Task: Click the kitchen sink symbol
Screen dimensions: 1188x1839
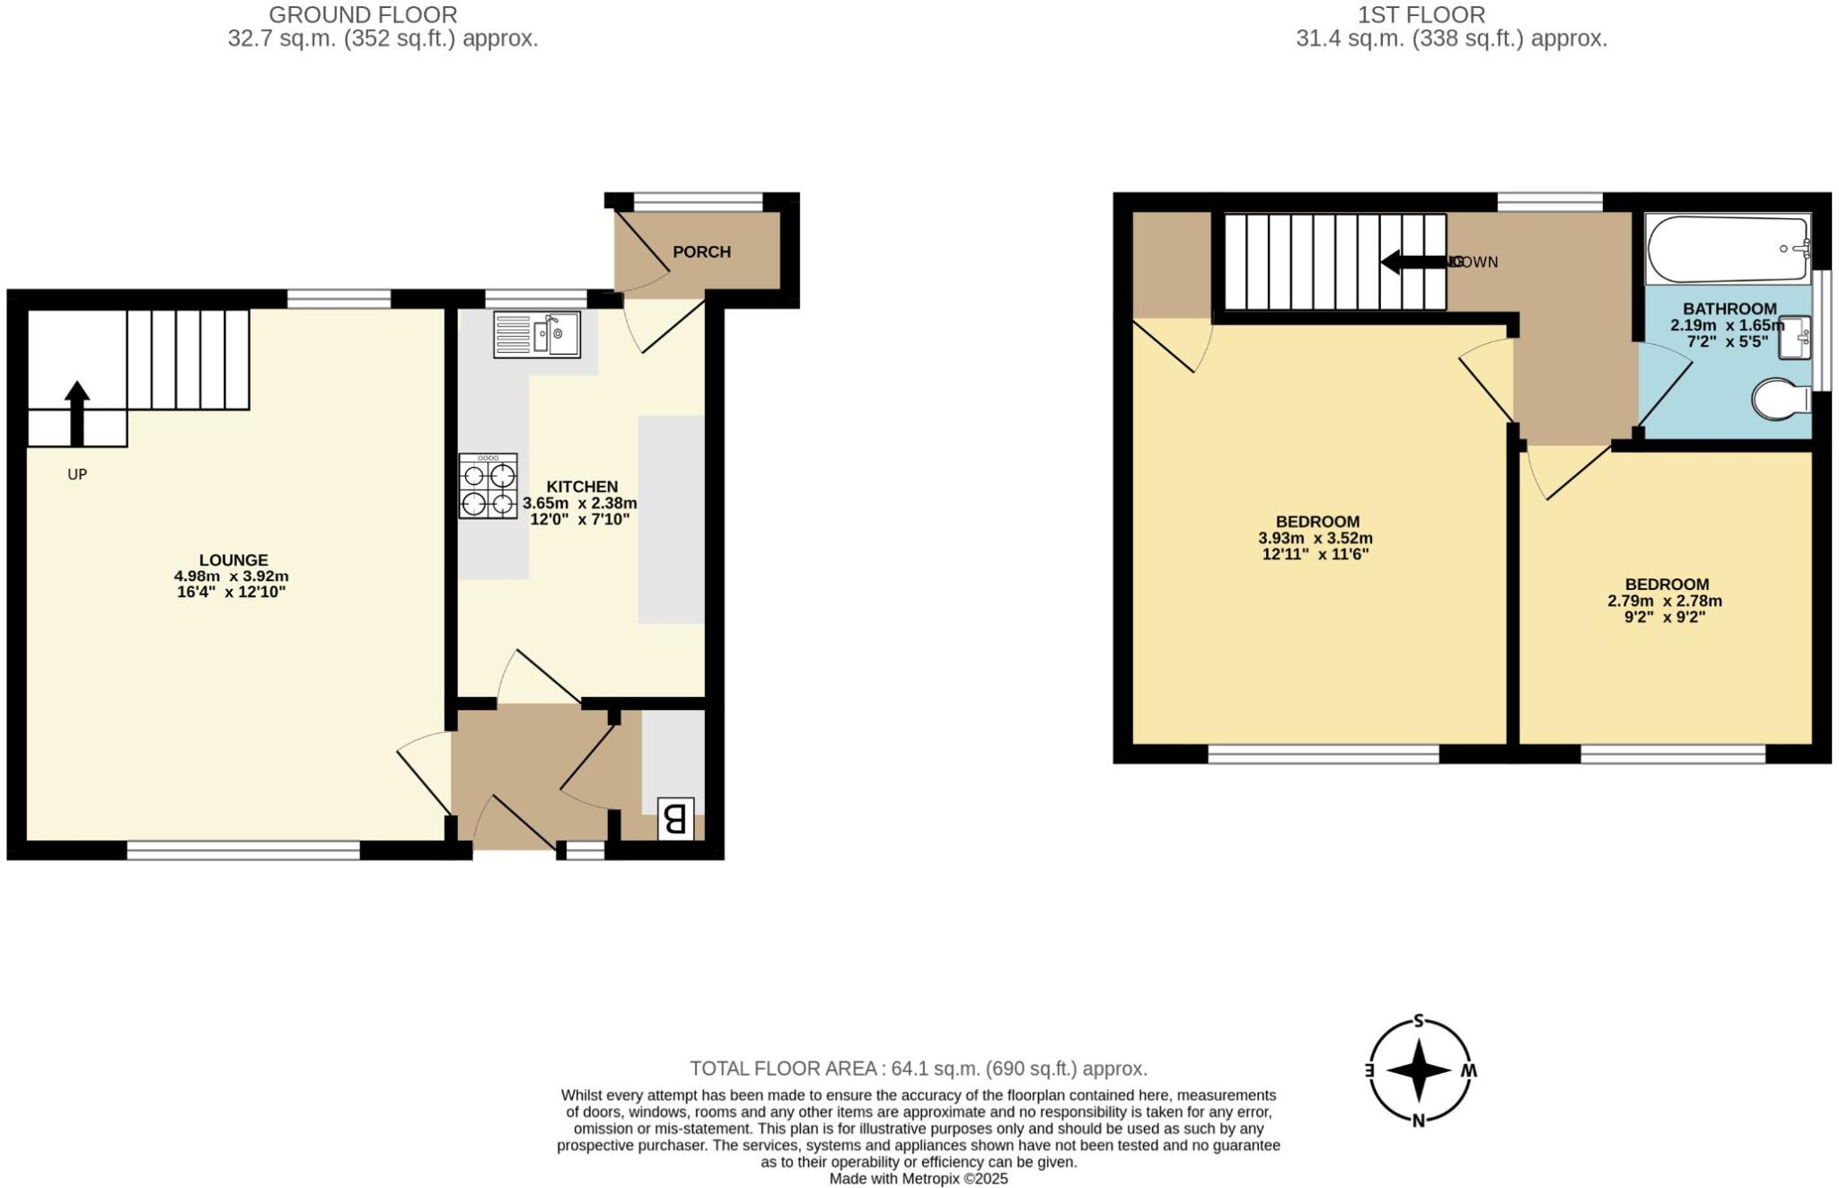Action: pyautogui.click(x=537, y=334)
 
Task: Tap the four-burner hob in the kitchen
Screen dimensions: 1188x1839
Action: pyautogui.click(x=488, y=486)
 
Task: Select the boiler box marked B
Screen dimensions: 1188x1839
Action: pyautogui.click(x=675, y=818)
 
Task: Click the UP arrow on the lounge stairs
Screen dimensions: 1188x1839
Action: pyautogui.click(x=77, y=413)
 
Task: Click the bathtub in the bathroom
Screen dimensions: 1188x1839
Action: pyautogui.click(x=1727, y=248)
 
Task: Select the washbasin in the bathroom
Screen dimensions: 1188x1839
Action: pyautogui.click(x=1794, y=337)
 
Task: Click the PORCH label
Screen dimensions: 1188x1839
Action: pyautogui.click(x=701, y=252)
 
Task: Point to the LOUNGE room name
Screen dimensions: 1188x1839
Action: pyautogui.click(x=233, y=560)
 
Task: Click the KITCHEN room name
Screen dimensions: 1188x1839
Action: pyautogui.click(x=582, y=487)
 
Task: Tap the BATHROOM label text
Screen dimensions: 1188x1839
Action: pyautogui.click(x=1729, y=309)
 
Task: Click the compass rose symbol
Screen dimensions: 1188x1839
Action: pyautogui.click(x=1419, y=1069)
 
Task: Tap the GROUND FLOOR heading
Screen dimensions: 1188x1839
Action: pyautogui.click(x=363, y=15)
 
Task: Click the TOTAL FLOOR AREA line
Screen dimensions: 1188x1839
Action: pyautogui.click(x=918, y=1069)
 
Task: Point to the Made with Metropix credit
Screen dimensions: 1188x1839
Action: pyautogui.click(x=918, y=1179)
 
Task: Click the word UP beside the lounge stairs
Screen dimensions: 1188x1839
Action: pyautogui.click(x=77, y=474)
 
